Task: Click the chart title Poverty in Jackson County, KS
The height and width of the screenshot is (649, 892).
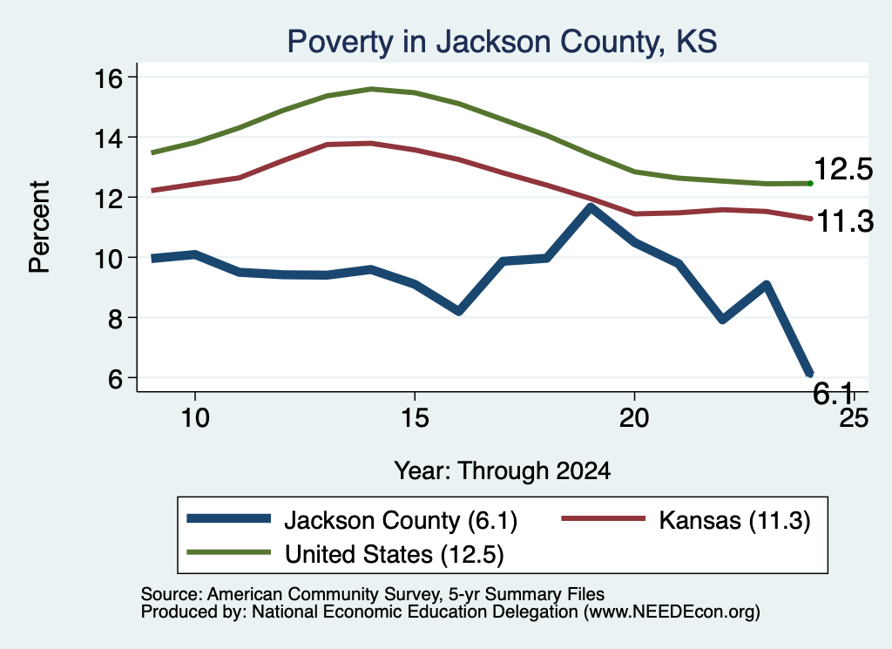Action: (502, 42)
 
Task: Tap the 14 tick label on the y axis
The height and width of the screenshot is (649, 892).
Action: (108, 138)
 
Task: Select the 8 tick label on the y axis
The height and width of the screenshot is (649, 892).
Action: (115, 318)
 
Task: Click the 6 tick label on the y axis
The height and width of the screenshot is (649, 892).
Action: (115, 378)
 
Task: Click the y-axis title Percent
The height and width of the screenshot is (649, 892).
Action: (40, 227)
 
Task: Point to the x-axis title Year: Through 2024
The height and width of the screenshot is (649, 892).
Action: (503, 471)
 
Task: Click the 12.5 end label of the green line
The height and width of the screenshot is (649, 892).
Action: (843, 170)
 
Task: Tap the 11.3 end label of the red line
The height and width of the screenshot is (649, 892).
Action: (845, 221)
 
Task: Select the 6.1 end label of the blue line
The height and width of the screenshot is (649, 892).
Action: (833, 393)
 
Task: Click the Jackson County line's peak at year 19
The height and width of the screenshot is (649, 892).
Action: (591, 208)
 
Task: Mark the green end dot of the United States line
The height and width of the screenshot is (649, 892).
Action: (810, 183)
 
